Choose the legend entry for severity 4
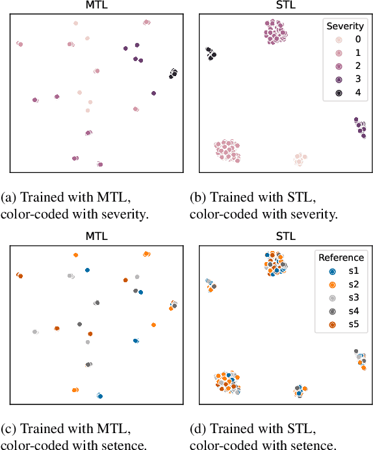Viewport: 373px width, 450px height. click(344, 93)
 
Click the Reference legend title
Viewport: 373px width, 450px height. click(341, 257)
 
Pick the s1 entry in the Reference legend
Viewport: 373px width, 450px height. click(342, 271)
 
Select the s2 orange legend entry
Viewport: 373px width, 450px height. click(342, 284)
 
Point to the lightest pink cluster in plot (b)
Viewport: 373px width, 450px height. click(299, 159)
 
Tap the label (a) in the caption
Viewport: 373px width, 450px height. click(10, 197)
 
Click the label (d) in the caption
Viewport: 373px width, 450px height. click(199, 429)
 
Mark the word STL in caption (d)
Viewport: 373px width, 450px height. click(303, 429)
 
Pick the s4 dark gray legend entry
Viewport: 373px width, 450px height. click(342, 311)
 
